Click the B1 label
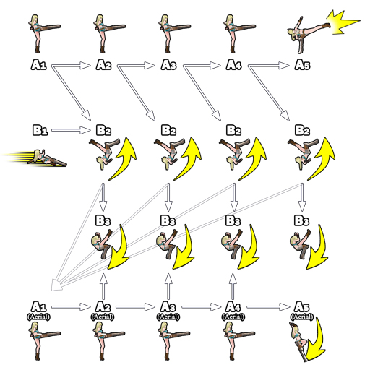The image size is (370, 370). pos(40,130)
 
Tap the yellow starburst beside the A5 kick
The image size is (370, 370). pos(342,22)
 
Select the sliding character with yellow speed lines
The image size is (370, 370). pos(35,158)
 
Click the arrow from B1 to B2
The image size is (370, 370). pos(71,130)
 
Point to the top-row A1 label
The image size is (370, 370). pos(38,65)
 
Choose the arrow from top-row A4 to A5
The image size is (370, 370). pos(269,65)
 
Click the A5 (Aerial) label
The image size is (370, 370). pos(302,311)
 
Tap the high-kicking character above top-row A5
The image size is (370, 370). pos(309,35)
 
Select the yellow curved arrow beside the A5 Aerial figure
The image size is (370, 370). pos(316,340)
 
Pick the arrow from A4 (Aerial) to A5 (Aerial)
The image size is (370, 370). pos(269,307)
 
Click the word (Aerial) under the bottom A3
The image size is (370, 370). pos(168,317)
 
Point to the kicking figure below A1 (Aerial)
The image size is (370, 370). pos(44,341)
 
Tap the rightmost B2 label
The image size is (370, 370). pos(302,130)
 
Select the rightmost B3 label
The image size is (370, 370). pos(301,220)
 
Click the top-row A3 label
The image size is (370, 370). pos(168,65)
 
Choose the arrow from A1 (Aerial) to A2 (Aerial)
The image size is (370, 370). pos(71,307)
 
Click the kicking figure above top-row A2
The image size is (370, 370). pos(109,34)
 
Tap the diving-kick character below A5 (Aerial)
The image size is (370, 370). pos(298,342)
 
